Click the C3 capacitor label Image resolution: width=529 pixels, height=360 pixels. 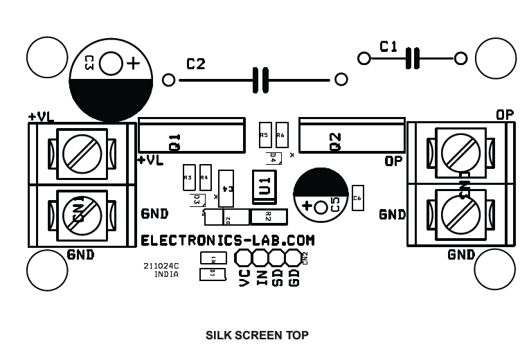(x=89, y=64)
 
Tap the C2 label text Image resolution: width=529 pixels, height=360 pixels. (x=196, y=64)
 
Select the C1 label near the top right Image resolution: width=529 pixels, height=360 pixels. (x=388, y=46)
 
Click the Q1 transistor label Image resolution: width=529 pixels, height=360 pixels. (x=174, y=142)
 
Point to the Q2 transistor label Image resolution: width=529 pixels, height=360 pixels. (x=335, y=141)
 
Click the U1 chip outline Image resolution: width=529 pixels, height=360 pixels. (x=264, y=186)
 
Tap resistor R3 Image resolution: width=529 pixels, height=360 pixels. (x=188, y=177)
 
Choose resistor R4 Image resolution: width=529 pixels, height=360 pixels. (x=205, y=177)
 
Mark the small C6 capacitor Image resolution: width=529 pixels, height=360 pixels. (x=357, y=198)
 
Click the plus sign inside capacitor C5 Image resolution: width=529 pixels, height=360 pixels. (x=307, y=206)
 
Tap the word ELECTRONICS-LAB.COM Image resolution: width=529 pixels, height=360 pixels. (x=228, y=240)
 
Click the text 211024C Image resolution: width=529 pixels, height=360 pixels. (x=161, y=265)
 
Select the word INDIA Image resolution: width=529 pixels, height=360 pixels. (x=166, y=274)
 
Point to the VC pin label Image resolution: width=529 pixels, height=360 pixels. (x=244, y=278)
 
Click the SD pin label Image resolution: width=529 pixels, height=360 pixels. (x=277, y=278)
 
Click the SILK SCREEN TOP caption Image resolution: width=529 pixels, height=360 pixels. (x=257, y=335)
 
